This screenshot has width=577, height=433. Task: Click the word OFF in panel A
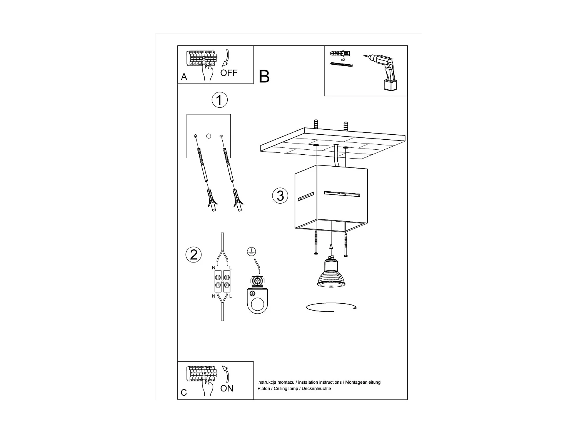point(228,73)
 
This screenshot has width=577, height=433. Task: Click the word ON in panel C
point(227,388)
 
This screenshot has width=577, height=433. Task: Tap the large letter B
point(264,77)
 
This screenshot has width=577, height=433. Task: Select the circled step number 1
point(220,100)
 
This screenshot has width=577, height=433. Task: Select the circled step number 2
point(193,254)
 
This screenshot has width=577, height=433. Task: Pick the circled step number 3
point(280,196)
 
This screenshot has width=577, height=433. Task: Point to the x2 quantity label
point(343,60)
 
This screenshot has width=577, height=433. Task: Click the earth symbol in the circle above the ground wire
point(252,252)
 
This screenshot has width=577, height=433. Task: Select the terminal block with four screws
point(222,281)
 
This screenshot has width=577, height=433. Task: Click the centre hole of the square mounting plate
point(208,136)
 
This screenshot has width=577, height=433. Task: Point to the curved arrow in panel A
point(226,58)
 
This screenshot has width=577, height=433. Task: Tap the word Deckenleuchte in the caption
point(316,389)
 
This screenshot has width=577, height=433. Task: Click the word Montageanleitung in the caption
point(363,382)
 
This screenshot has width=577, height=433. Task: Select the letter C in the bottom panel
point(184,393)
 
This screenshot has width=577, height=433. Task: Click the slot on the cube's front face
point(342,194)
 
